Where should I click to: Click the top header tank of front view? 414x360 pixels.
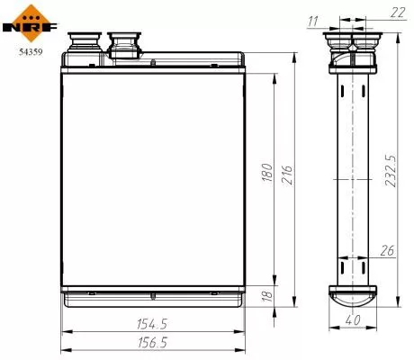pyautogui.click(x=153, y=65)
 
